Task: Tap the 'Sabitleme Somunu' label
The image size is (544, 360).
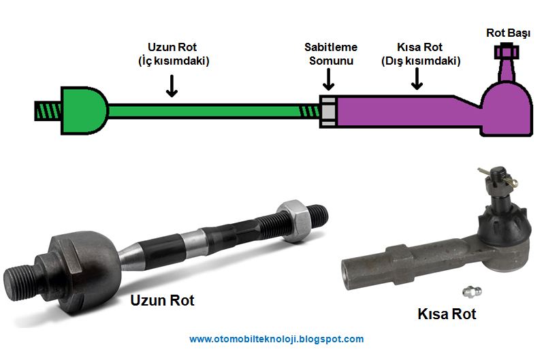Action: [331, 54]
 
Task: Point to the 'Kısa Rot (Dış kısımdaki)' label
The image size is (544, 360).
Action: [420, 54]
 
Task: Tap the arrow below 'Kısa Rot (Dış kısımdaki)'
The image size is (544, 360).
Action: [417, 81]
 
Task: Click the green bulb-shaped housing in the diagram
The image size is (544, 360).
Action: [83, 110]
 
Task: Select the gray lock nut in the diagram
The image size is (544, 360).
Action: [327, 110]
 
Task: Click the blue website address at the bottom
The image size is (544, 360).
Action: [276, 339]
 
